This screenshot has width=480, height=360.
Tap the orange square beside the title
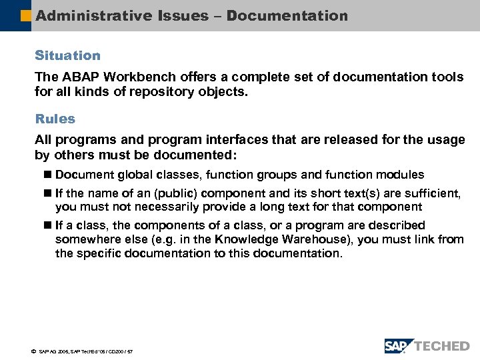tap(26, 15)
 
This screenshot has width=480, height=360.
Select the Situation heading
tap(67, 55)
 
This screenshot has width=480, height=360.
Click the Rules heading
tap(55, 119)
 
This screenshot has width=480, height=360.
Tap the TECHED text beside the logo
tap(443, 345)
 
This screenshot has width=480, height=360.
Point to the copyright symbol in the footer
tap(31, 351)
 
